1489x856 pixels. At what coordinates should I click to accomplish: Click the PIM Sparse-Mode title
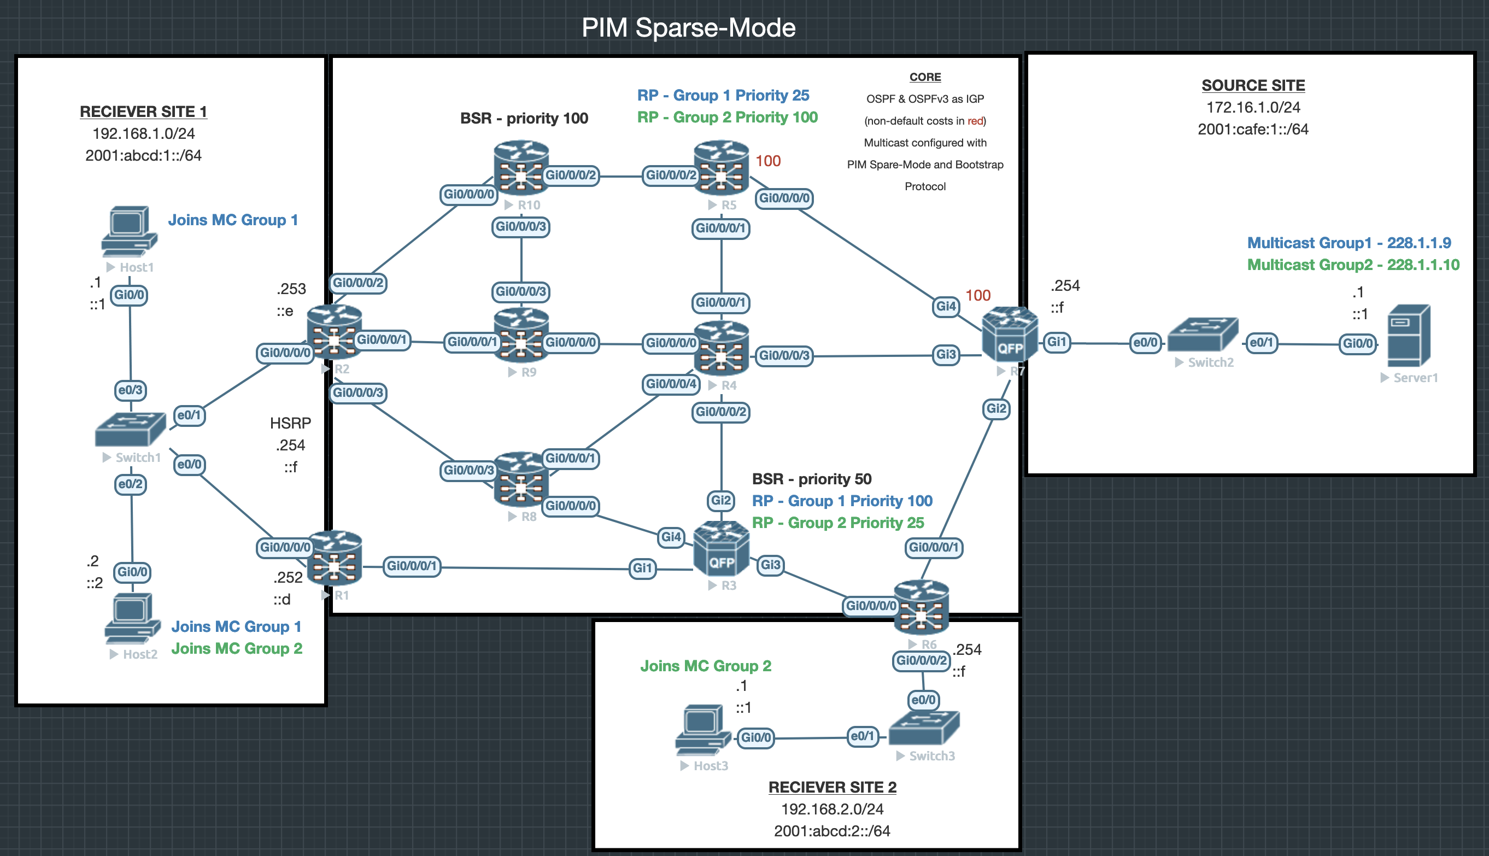688,28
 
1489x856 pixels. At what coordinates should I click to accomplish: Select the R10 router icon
521,168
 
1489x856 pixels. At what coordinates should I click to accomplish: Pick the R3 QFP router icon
722,550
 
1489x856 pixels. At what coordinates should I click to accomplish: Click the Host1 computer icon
130,231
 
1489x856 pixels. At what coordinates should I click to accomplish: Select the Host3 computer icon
703,729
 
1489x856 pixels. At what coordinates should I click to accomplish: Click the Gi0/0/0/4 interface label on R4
671,384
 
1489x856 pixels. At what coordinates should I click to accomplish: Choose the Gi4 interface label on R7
946,306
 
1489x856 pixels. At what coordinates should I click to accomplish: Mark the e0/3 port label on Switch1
131,390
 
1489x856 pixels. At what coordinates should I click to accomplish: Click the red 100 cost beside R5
767,161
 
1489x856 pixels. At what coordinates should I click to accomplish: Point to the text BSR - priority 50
811,479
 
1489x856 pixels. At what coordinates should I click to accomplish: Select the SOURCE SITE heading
1253,85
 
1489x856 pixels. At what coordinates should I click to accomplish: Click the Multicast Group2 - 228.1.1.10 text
1353,265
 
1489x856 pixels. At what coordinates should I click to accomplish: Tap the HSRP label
290,423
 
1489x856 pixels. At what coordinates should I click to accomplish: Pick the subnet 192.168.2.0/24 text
832,809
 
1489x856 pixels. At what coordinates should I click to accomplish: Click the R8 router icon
521,480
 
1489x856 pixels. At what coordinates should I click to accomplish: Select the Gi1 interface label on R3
642,568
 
